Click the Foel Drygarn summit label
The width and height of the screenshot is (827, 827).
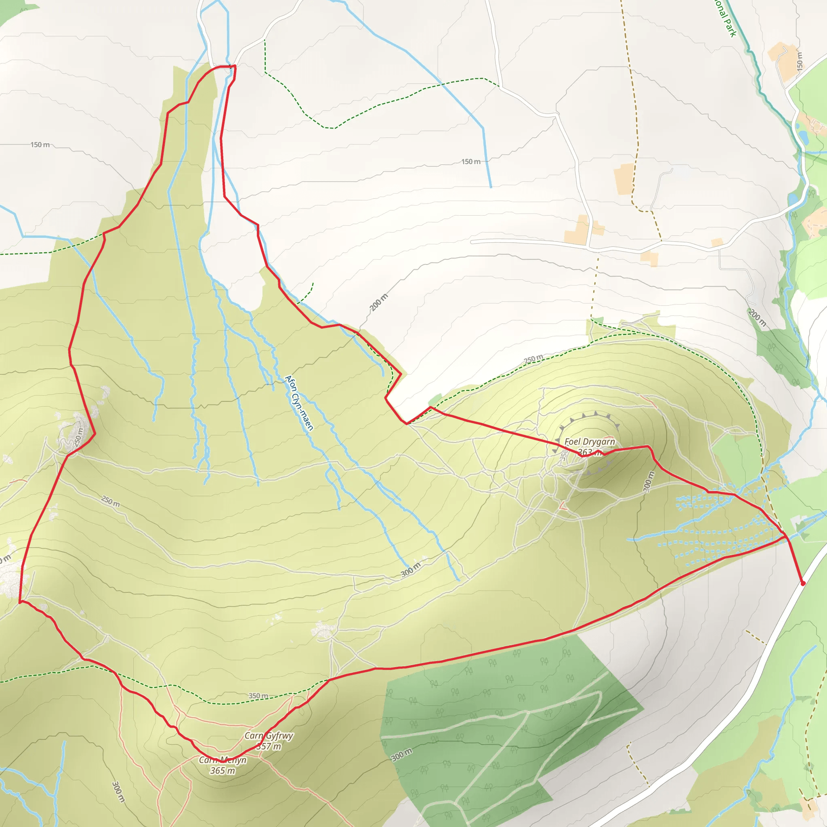[590, 441]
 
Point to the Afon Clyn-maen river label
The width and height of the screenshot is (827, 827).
[299, 402]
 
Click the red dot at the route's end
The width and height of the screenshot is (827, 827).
[803, 583]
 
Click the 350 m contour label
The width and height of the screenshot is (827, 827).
[258, 696]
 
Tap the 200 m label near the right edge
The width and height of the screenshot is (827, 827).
[756, 317]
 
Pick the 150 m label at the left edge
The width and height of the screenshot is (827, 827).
[40, 145]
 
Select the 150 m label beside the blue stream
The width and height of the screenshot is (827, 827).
[470, 162]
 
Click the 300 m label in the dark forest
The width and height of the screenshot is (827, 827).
[402, 755]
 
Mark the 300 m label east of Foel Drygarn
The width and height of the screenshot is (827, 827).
[649, 481]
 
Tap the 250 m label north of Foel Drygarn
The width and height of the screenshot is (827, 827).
[533, 359]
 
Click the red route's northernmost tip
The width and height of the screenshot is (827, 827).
[235, 66]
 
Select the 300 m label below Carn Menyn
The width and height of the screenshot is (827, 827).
[118, 792]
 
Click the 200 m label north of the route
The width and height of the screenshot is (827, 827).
[378, 302]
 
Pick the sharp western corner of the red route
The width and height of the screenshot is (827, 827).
[20, 602]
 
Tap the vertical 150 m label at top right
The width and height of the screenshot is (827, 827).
[800, 61]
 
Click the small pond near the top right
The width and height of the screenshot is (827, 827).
[804, 137]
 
